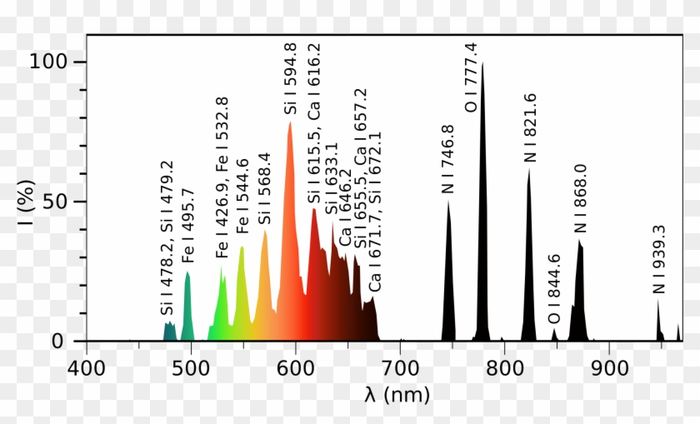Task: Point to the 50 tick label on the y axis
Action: [x=60, y=202]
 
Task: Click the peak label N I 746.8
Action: [x=447, y=159]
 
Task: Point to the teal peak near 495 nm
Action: [x=187, y=308]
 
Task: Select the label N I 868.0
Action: [x=580, y=198]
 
